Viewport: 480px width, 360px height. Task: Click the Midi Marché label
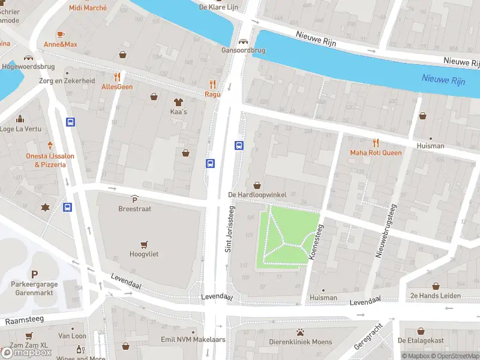click(x=88, y=8)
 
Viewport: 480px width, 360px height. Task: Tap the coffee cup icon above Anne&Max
click(x=60, y=34)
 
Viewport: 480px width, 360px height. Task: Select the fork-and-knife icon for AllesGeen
click(x=117, y=77)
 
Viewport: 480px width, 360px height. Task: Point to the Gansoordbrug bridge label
click(x=243, y=50)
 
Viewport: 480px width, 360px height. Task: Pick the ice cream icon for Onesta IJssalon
click(x=50, y=145)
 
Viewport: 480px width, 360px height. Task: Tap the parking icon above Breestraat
click(x=134, y=199)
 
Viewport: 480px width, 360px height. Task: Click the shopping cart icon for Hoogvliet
click(x=143, y=244)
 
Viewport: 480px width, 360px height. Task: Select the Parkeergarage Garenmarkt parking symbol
click(x=34, y=274)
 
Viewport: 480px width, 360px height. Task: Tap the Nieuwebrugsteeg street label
click(x=386, y=231)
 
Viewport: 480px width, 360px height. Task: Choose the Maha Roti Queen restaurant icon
click(x=376, y=143)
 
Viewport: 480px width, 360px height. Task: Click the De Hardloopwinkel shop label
click(x=257, y=195)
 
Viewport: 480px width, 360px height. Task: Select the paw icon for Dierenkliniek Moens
click(x=300, y=332)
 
